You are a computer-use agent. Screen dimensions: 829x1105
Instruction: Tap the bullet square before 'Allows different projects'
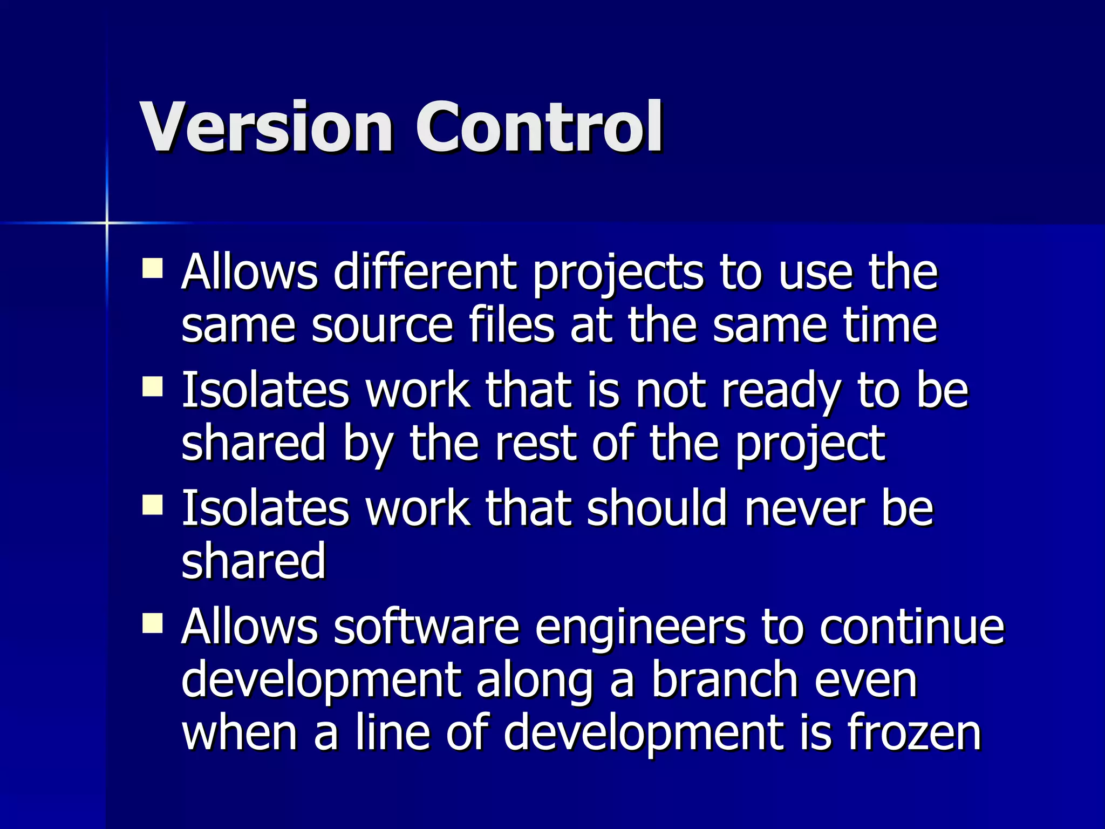(x=153, y=268)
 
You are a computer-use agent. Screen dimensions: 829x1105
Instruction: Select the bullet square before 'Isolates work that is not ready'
(x=153, y=386)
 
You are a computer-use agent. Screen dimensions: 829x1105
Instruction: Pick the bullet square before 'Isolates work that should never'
(x=153, y=505)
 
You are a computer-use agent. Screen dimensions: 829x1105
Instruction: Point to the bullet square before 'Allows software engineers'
(x=153, y=623)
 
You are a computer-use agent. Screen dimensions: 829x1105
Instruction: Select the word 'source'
(x=381, y=326)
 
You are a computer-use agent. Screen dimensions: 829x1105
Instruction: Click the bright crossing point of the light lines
(x=107, y=223)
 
